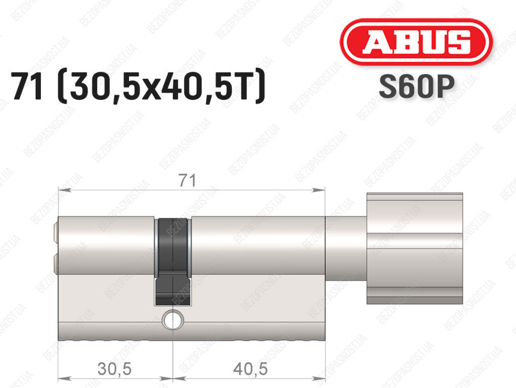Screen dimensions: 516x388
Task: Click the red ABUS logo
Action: (416, 42)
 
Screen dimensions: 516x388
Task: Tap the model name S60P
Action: (417, 87)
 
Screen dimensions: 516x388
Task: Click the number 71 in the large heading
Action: (27, 86)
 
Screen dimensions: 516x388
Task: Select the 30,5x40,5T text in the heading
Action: (161, 86)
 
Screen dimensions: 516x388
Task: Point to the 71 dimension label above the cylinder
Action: (187, 181)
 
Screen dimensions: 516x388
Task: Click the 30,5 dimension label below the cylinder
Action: (114, 368)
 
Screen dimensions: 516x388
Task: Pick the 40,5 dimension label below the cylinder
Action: (250, 368)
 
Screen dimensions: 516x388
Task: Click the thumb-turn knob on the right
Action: (415, 248)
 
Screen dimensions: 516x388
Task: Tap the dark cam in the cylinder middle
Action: (172, 261)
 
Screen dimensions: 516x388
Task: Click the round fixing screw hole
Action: (172, 319)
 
